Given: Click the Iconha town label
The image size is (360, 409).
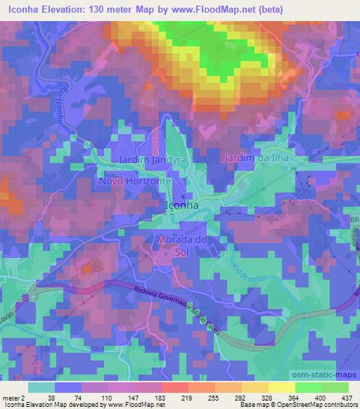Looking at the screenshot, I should [181, 206].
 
